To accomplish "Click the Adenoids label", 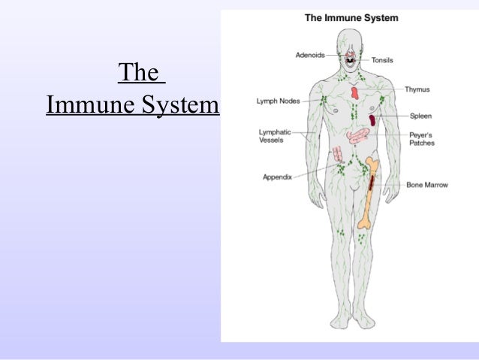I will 310,53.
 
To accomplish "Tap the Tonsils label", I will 384,59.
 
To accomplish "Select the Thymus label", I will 417,89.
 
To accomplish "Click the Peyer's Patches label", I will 422,139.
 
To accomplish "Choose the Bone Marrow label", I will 426,184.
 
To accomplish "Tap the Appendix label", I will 277,177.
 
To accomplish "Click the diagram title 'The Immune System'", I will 351,17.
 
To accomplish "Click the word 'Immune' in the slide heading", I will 89,106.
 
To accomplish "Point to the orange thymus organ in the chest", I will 354,93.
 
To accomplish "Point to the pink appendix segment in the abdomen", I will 339,153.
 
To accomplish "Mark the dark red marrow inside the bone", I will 372,180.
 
